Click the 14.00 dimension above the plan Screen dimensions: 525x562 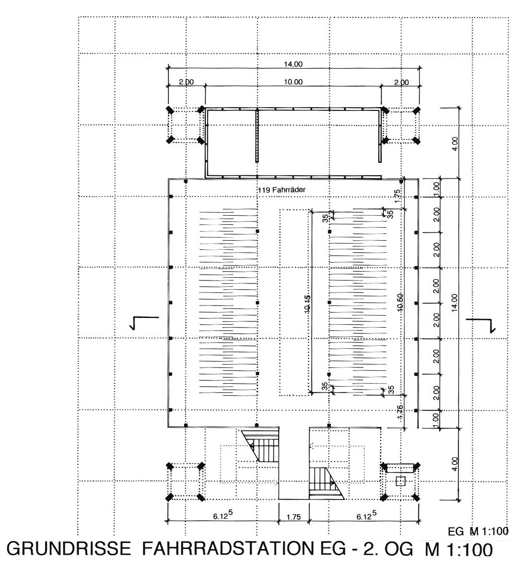click(x=293, y=64)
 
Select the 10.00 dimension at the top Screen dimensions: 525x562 click(x=293, y=82)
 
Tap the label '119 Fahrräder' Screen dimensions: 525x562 click(x=281, y=190)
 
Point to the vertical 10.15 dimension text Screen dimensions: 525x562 click(x=308, y=304)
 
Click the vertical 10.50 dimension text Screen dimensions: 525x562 click(x=400, y=302)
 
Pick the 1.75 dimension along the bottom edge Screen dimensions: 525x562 click(x=294, y=517)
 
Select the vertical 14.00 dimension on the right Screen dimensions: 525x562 click(x=454, y=303)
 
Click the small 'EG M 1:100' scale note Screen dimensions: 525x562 click(x=478, y=531)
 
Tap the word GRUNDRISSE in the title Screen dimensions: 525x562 click(x=69, y=549)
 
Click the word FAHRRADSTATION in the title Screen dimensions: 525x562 click(x=227, y=549)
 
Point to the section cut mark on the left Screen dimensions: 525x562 click(x=144, y=323)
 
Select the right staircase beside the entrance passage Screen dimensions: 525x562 click(x=325, y=483)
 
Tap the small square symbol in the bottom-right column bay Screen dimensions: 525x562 click(x=400, y=481)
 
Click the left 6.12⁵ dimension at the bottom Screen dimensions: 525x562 click(x=223, y=515)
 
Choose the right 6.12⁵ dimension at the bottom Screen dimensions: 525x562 click(x=366, y=515)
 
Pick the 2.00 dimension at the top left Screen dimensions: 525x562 click(x=186, y=82)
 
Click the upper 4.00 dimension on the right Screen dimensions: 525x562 click(x=455, y=144)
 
